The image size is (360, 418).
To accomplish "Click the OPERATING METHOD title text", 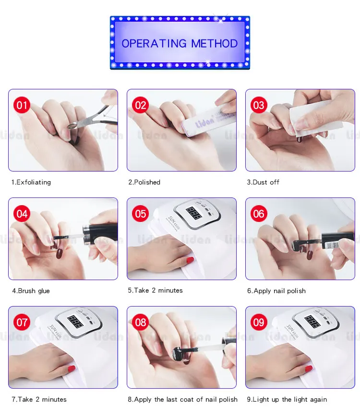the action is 180,43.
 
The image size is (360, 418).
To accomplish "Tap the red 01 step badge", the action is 22,105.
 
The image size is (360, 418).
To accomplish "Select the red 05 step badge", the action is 141,214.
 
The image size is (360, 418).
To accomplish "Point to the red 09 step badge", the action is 259,322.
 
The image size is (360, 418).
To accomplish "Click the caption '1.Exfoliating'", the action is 31,183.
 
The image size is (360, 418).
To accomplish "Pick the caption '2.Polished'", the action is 144,183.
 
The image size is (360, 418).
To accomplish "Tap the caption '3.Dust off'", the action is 263,183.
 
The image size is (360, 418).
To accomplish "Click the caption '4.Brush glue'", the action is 31,291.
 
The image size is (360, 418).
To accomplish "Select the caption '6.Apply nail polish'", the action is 276,291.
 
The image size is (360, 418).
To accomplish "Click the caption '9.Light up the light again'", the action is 287,399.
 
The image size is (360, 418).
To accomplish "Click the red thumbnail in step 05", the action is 190,260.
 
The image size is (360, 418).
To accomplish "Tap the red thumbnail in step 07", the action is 72,369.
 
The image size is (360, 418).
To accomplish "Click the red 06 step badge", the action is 259,214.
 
